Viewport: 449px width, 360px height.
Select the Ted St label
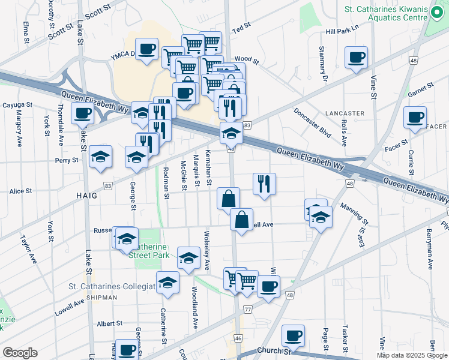[x=241, y=29]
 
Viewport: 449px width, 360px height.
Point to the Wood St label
[x=246, y=60]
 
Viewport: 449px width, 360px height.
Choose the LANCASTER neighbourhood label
[x=345, y=113]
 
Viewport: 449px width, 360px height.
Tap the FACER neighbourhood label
[x=436, y=127]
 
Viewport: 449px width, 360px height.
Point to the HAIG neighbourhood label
[x=86, y=196]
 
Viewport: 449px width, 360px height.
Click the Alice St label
[x=20, y=191]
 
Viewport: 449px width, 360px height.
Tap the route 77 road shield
[x=248, y=310]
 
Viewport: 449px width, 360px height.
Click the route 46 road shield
[x=238, y=339]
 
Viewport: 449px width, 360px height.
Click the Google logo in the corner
[x=20, y=353]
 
